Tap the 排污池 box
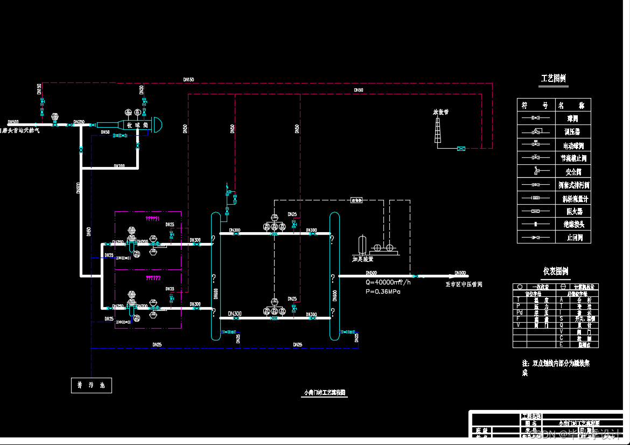92,385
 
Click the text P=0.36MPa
383,291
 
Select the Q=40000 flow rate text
388,282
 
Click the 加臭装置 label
362,259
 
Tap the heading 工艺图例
554,79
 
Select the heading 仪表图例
555,271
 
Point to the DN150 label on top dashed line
188,80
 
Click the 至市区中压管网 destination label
464,284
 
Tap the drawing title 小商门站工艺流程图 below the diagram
325,393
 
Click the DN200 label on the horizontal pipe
119,166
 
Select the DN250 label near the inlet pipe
79,122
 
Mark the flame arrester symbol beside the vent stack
461,148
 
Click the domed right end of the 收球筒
158,125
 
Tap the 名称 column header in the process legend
573,105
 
